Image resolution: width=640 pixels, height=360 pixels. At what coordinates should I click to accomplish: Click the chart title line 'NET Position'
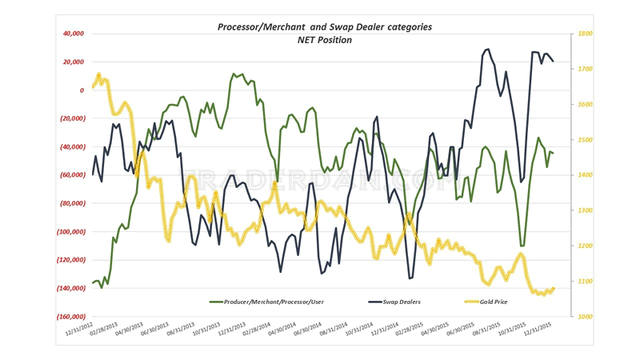325,39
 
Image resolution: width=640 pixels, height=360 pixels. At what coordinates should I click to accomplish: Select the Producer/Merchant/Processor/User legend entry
273,302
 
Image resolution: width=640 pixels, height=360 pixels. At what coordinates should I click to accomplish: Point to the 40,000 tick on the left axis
73,34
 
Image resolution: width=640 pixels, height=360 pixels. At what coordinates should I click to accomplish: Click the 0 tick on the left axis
82,90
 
